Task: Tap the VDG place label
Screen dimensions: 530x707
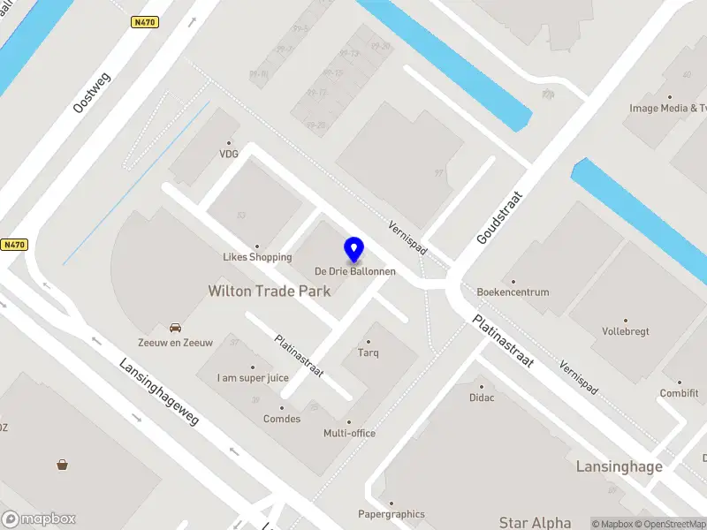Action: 230,153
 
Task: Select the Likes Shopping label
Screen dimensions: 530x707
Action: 257,257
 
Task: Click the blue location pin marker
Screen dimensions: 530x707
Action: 354,250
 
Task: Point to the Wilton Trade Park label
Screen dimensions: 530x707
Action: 270,291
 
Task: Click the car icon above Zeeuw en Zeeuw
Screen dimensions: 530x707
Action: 176,328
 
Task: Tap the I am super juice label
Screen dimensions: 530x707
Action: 253,378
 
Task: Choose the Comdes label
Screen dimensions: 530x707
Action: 283,419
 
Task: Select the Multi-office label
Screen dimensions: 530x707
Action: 349,433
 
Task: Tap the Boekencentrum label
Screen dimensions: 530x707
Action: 513,292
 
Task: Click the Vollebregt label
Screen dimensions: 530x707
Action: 626,331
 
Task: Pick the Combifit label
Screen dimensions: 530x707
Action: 679,393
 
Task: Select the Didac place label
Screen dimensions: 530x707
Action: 482,397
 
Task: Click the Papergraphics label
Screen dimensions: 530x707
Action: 391,514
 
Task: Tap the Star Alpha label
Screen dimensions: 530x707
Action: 535,523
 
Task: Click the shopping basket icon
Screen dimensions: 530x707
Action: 62,464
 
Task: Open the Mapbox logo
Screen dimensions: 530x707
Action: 39,519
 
